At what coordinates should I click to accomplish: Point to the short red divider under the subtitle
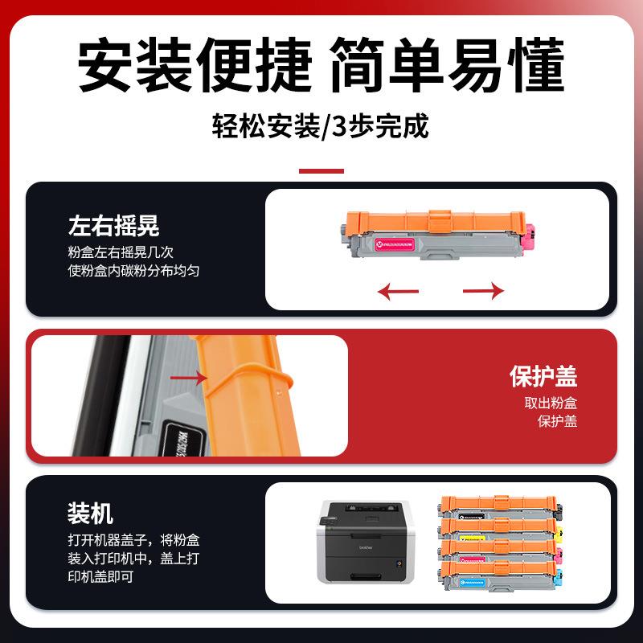321,170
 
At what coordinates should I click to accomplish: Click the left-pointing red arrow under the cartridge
397,290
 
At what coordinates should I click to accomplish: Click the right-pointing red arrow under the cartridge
484,290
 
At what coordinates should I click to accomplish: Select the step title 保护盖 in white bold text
543,375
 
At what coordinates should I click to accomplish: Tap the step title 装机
91,513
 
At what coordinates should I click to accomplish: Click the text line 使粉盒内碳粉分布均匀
133,271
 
